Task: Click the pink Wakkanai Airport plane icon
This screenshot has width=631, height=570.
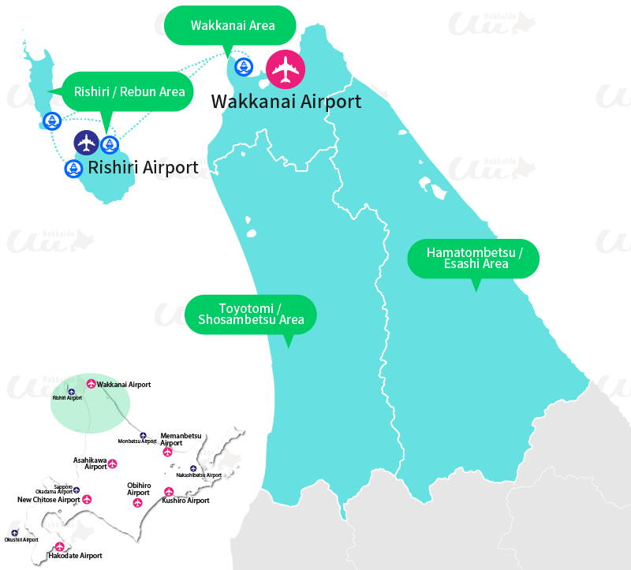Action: [x=285, y=70]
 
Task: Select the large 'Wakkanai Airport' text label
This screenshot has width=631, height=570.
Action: [x=286, y=102]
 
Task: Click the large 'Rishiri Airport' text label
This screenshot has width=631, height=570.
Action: [x=143, y=167]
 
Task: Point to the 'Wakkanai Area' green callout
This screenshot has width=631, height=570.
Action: [x=232, y=26]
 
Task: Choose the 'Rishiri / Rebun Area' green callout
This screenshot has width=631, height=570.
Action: [x=129, y=92]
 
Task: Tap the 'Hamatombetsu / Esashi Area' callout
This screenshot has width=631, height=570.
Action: [x=474, y=258]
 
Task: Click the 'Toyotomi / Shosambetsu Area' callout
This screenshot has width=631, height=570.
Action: [x=250, y=314]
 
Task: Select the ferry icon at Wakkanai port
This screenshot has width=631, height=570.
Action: [x=244, y=67]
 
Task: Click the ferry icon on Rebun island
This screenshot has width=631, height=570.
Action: [x=52, y=121]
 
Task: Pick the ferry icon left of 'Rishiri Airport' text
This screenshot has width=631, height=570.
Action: [x=73, y=168]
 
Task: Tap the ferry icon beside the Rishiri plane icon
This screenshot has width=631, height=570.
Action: [x=109, y=144]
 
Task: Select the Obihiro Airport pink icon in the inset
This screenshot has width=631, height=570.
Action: [x=138, y=502]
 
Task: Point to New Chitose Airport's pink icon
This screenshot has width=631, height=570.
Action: [x=87, y=499]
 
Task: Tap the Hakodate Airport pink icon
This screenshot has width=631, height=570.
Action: [x=59, y=547]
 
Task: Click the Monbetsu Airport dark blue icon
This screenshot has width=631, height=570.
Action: [x=143, y=435]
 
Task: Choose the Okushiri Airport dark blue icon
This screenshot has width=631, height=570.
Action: [x=15, y=533]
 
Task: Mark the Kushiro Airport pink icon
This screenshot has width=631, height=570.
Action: [x=166, y=491]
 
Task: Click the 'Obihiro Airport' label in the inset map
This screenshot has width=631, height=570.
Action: [x=138, y=489]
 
